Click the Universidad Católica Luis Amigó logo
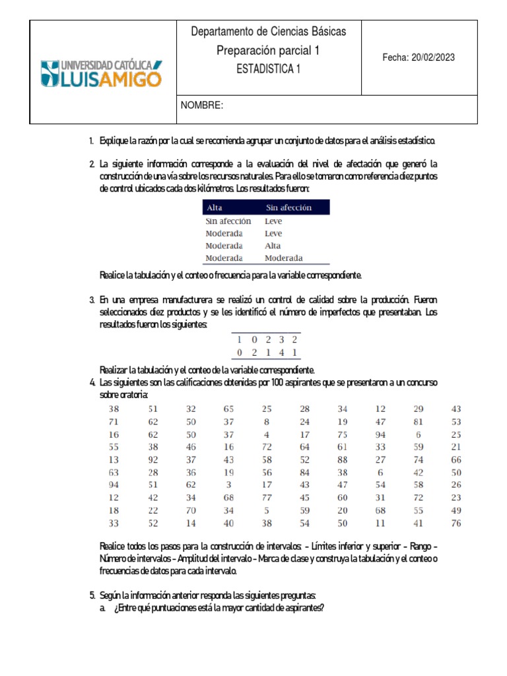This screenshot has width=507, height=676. (101, 73)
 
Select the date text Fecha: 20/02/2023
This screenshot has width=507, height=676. (419, 57)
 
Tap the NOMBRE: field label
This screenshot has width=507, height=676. (202, 106)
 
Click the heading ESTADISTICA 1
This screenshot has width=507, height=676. (268, 69)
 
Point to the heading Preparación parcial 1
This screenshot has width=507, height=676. (268, 50)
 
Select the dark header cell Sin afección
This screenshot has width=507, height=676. (288, 207)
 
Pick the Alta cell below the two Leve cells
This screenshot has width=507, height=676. (273, 246)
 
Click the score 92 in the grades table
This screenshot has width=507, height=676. (152, 459)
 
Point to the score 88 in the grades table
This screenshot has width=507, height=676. (342, 459)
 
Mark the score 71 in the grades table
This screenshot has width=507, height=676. (114, 421)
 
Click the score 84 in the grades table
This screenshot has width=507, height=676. (304, 473)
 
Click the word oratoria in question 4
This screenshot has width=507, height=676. (134, 394)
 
